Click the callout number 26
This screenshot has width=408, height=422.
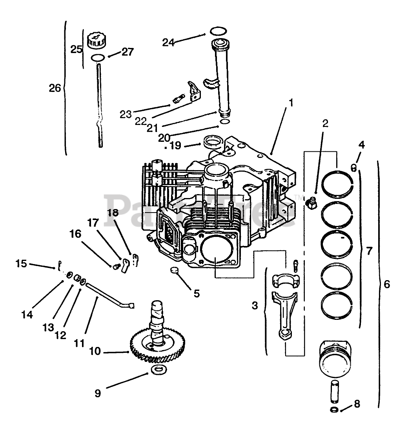(55, 88)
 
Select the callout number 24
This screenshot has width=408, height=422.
(169, 42)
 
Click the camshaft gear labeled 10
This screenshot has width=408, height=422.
(157, 346)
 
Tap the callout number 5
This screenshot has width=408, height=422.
(197, 293)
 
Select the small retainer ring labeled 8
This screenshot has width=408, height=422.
(335, 410)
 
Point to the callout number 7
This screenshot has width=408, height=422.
(369, 250)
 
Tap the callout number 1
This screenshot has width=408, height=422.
(291, 103)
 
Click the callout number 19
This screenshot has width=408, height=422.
(175, 146)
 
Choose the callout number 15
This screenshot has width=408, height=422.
(22, 263)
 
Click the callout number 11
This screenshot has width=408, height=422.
(79, 343)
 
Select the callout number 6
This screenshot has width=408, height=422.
(387, 284)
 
